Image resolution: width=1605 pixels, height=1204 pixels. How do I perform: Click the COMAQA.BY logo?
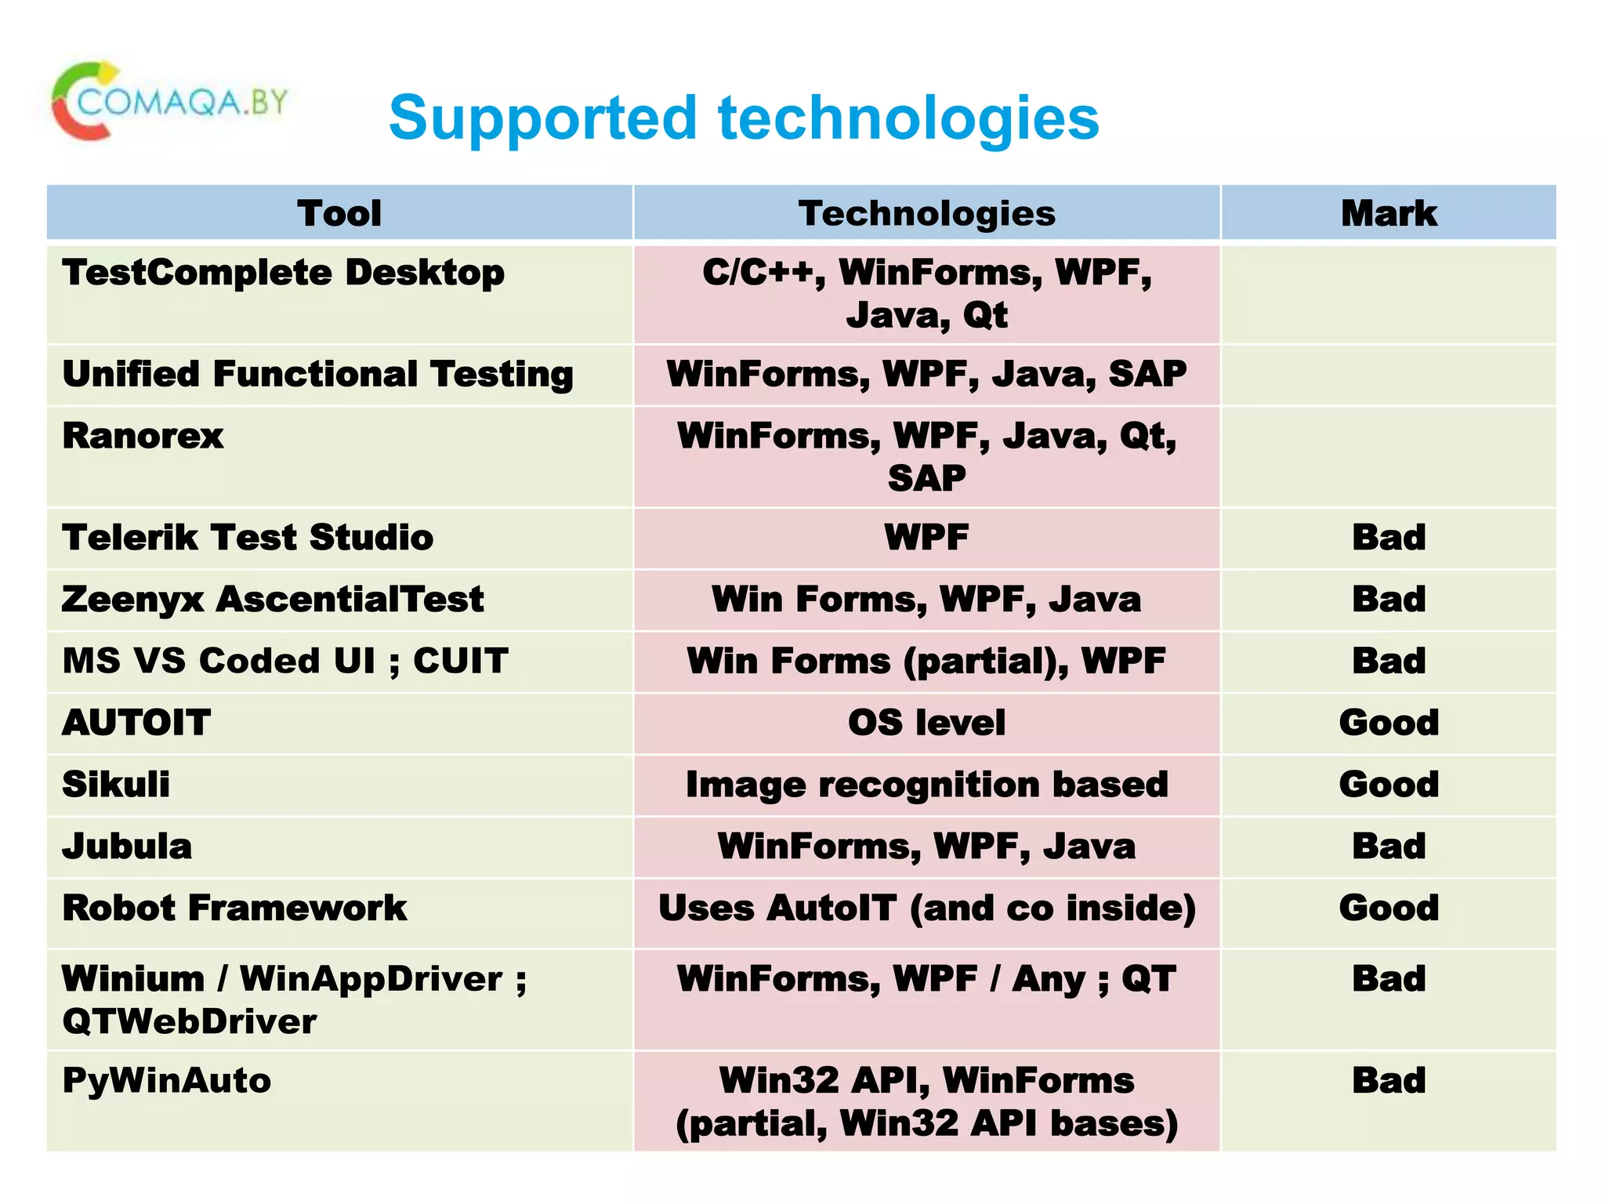(168, 102)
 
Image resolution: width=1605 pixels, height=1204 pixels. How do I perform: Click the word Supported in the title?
(542, 118)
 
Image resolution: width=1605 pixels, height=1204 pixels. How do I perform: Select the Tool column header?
(339, 213)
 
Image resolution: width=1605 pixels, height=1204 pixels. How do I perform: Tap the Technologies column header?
(926, 213)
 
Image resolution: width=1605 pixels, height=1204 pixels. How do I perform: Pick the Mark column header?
(1388, 213)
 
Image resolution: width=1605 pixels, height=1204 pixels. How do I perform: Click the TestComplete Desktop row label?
(283, 273)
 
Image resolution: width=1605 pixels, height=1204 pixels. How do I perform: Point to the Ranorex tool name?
(143, 436)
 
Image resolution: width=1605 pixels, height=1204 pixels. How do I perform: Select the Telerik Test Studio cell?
(248, 538)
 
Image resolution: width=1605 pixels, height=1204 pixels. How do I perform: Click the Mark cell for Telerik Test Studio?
(1388, 538)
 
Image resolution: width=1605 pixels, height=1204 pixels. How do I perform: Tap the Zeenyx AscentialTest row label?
(273, 600)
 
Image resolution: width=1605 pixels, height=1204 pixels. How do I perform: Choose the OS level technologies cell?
(926, 723)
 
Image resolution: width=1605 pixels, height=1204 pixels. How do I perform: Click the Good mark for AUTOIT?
(1388, 723)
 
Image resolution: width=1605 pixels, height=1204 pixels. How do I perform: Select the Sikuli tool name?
(116, 785)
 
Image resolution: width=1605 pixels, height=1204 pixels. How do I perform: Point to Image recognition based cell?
(926, 785)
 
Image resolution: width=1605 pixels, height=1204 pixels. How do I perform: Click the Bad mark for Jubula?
(1388, 847)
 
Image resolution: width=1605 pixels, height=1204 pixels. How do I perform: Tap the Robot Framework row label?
(234, 908)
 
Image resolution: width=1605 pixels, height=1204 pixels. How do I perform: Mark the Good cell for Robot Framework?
(1388, 908)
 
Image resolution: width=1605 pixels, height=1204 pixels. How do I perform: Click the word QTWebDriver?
(190, 1021)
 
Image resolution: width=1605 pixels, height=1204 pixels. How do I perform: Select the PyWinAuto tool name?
(167, 1081)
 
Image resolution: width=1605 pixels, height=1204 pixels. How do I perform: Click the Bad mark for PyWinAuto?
(1388, 1081)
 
